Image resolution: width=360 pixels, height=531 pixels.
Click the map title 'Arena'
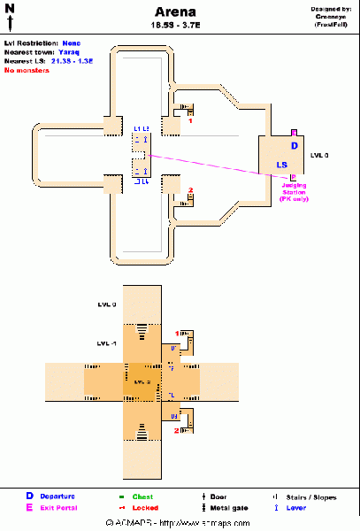[x=180, y=12]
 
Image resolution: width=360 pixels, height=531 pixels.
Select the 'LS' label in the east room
[x=281, y=165]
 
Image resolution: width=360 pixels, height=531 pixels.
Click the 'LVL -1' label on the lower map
[x=108, y=342]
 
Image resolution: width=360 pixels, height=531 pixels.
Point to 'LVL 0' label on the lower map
[x=107, y=304]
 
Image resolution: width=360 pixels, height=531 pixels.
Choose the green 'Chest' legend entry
[x=142, y=496]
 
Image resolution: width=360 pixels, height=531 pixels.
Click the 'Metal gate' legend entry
[x=233, y=508]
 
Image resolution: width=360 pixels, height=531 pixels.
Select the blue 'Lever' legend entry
[x=295, y=508]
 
